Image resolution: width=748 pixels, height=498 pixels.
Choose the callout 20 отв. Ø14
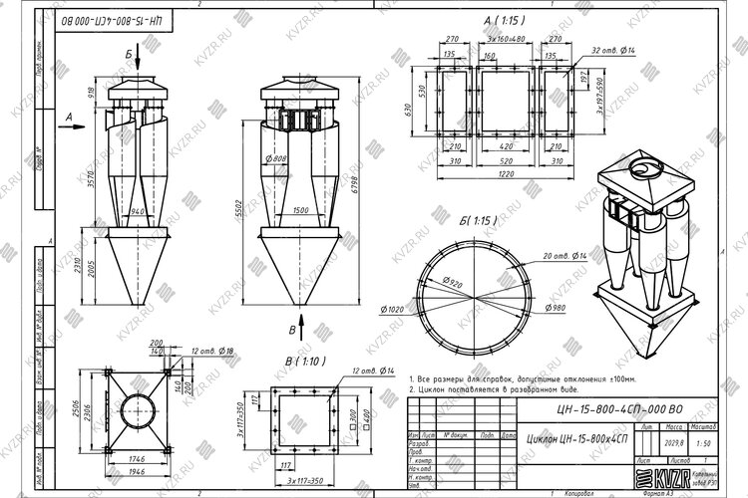[568, 255]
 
